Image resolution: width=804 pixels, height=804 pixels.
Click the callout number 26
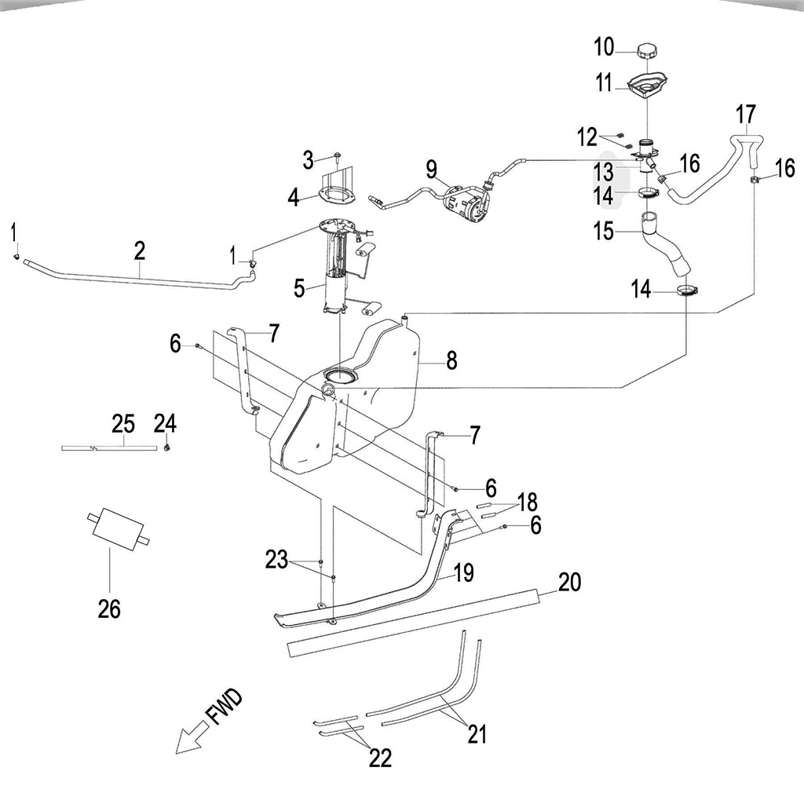(109, 608)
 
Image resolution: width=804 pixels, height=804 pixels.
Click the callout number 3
(309, 161)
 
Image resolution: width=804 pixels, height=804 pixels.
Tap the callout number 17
(746, 115)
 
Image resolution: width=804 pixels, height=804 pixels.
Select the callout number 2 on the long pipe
(140, 250)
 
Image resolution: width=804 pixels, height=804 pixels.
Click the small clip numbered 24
(169, 448)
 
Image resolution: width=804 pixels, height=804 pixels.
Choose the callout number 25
(123, 424)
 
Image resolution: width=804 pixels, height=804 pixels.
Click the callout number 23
(276, 559)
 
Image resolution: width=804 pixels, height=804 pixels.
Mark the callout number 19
(463, 572)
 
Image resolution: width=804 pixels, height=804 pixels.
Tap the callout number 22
(380, 758)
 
